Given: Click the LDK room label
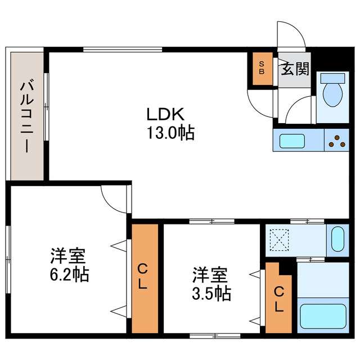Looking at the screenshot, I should (x=165, y=114).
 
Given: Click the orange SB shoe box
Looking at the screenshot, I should (x=261, y=69).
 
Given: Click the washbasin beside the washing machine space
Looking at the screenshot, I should (x=337, y=238).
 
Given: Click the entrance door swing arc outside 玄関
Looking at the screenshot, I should (x=291, y=35).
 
